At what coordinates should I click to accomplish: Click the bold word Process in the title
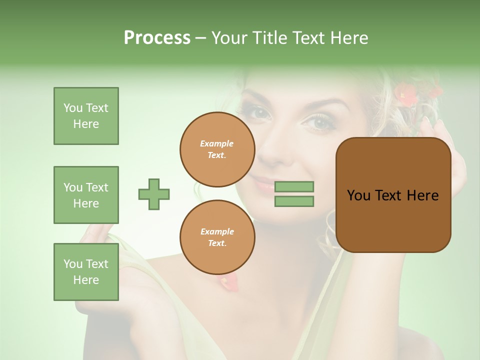(157, 38)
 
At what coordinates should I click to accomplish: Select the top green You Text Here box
(86, 116)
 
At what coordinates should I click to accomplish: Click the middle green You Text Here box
(86, 195)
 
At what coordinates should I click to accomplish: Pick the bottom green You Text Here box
(86, 272)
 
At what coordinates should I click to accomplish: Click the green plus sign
(154, 194)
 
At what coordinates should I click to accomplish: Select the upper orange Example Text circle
(217, 149)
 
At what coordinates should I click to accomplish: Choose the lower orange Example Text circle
(217, 237)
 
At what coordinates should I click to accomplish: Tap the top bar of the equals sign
(294, 187)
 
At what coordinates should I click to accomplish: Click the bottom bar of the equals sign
(294, 201)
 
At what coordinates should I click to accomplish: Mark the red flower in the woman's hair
(406, 95)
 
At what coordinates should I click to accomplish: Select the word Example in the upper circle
(217, 144)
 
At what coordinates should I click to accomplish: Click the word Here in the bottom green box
(86, 280)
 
